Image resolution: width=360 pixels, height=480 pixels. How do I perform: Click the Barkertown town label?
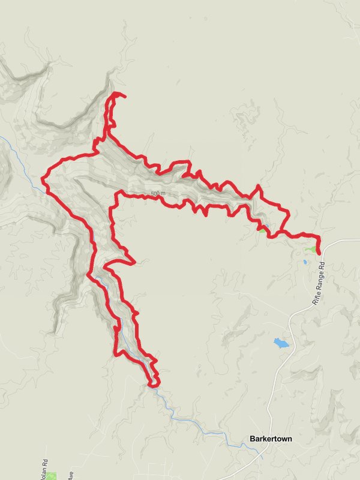click(270, 439)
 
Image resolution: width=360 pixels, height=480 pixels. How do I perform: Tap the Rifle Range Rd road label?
click(319, 284)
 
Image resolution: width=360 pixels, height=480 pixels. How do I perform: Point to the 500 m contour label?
click(158, 193)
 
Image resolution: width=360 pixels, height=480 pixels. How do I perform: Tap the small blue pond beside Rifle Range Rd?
click(305, 262)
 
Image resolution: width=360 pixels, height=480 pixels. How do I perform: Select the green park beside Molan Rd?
click(52, 476)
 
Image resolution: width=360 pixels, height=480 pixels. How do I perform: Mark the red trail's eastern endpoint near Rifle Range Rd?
click(318, 253)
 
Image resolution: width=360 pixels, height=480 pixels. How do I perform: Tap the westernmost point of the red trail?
click(43, 178)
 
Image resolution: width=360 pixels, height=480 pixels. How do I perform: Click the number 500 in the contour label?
click(155, 193)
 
